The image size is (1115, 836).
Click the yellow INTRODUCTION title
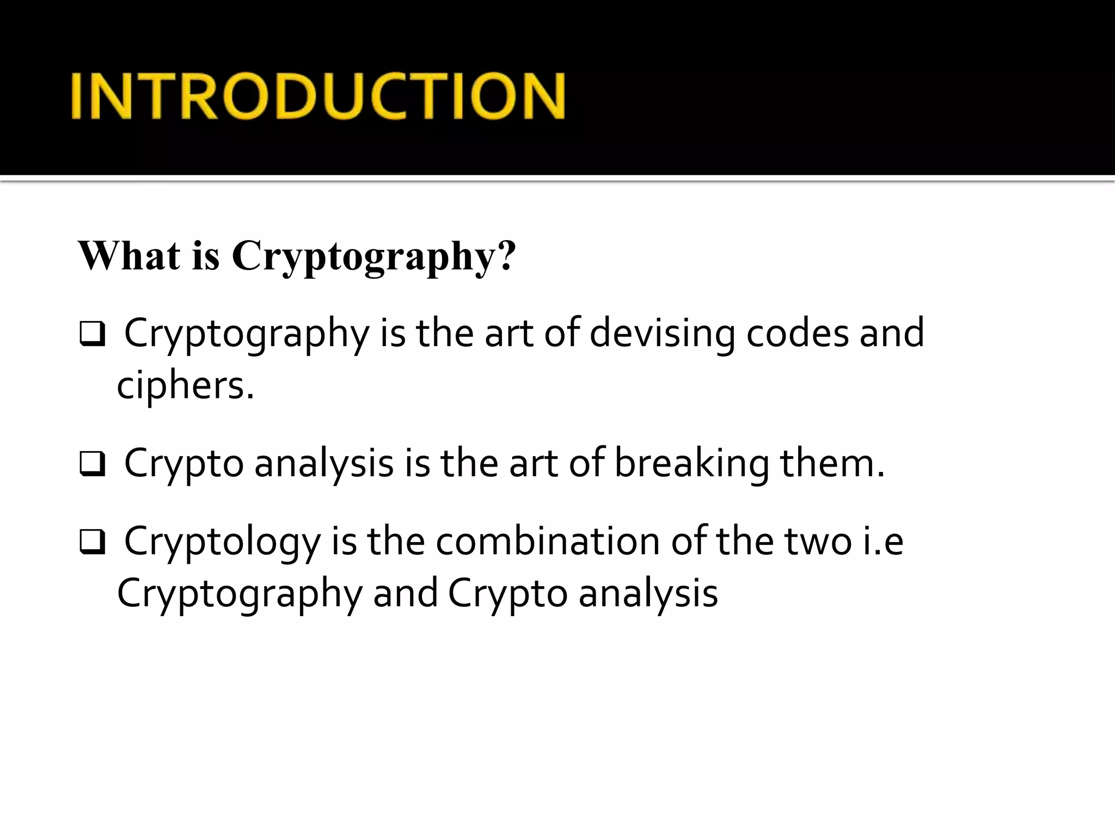[318, 96]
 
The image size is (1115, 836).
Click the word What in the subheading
[130, 255]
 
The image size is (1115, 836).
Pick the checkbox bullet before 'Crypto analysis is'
[92, 464]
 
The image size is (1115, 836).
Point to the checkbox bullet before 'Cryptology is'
[92, 542]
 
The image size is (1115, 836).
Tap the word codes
[797, 333]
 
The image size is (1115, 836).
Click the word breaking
[691, 463]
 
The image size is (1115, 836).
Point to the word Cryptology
[222, 542]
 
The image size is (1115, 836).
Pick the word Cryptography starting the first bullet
[247, 334]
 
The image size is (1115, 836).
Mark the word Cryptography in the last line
[240, 594]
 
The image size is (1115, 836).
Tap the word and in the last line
[405, 593]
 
